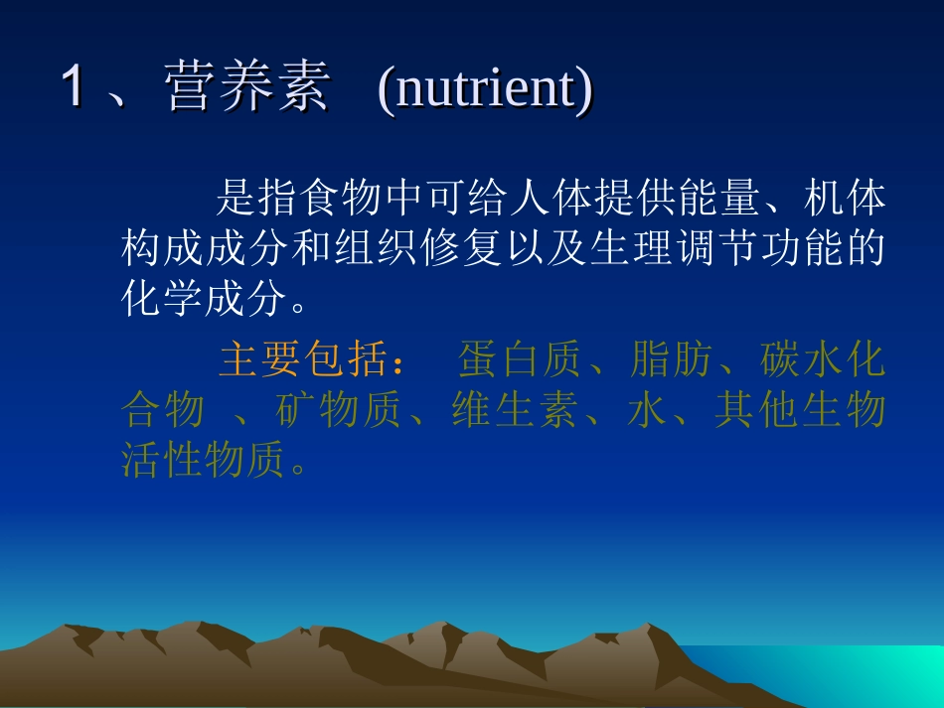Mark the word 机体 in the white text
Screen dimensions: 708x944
click(x=842, y=200)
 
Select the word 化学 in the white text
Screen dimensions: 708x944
click(x=164, y=298)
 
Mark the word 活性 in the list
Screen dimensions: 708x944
click(x=163, y=459)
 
